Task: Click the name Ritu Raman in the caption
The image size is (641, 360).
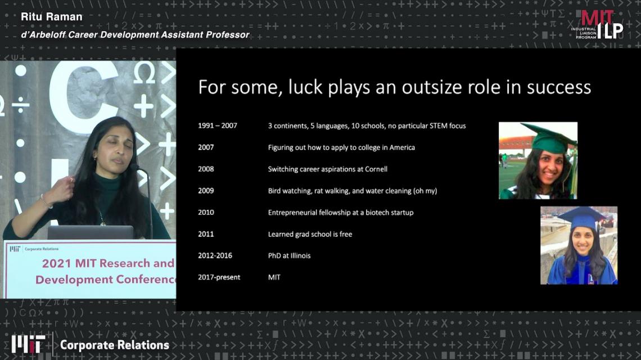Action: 52,17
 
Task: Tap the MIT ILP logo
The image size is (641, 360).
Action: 597,25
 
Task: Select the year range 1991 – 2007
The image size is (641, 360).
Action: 218,125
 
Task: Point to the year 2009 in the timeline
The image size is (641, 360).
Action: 206,191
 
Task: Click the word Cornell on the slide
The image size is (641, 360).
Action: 375,169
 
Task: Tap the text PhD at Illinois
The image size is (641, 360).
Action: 289,256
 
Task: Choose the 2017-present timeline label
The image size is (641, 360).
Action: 219,277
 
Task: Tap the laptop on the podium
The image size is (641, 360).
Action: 91,232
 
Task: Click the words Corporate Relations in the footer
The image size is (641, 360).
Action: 115,345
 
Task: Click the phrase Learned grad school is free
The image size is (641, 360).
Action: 310,234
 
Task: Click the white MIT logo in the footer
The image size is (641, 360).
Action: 28,344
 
